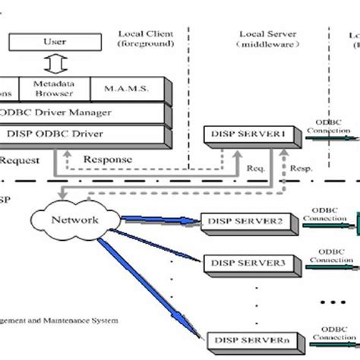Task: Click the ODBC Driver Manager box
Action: coord(84,114)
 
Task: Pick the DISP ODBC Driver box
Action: coord(84,136)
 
